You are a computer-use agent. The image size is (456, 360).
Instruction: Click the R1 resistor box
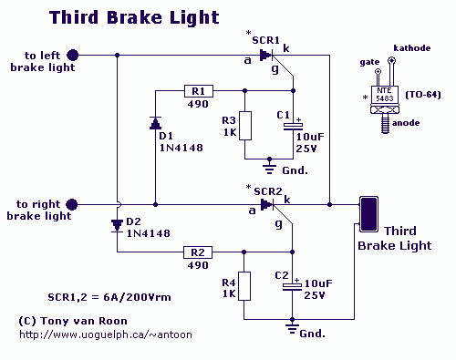coord(199,91)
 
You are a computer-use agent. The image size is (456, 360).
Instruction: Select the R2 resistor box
coord(198,252)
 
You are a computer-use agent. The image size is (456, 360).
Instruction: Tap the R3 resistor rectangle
coord(245,126)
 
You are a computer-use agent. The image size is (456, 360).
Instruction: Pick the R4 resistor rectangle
coord(244,286)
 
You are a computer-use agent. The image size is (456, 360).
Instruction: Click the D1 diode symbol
coord(156,123)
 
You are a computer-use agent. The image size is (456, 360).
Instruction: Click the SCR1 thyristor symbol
coord(266,55)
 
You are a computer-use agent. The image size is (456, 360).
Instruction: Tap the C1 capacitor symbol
coord(293,127)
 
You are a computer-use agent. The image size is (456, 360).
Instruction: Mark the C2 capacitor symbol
coord(292,287)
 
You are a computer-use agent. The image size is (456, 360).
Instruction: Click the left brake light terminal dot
coord(73,56)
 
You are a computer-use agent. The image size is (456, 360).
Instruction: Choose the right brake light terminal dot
coord(72,204)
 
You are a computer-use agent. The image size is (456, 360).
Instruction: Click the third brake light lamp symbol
coord(368,214)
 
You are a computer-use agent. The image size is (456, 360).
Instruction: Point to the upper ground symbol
coord(269,168)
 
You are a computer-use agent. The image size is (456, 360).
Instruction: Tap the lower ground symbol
coord(292,327)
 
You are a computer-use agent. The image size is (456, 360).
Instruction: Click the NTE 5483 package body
coord(384,95)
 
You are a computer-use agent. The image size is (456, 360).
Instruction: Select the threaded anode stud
coord(385,125)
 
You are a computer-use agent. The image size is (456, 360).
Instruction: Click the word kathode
coord(412,48)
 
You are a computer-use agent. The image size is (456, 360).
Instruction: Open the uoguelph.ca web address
coord(106,334)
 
